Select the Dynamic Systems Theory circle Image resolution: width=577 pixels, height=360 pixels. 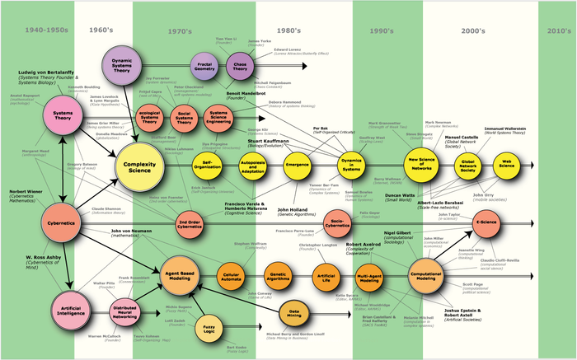click(121, 64)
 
